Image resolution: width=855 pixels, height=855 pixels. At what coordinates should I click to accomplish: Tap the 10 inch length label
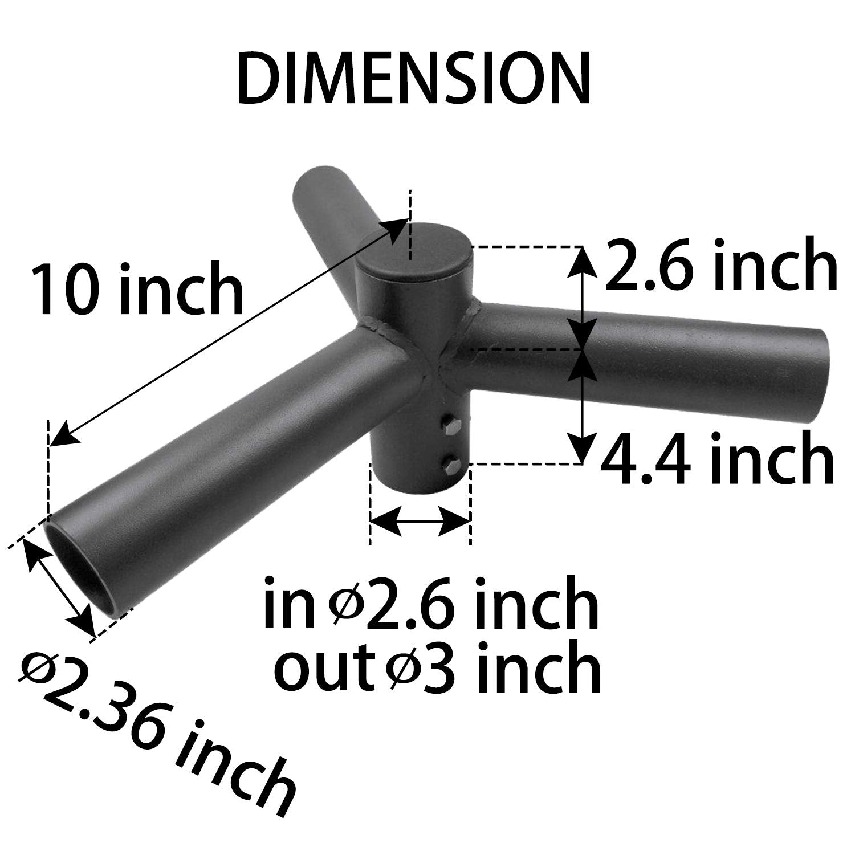tap(137, 289)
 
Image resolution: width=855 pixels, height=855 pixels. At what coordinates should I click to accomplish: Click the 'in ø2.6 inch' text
tap(431, 602)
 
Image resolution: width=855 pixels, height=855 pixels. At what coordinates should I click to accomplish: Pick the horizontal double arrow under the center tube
tap(420, 520)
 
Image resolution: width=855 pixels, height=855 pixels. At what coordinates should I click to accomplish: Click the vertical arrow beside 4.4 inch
tap(582, 405)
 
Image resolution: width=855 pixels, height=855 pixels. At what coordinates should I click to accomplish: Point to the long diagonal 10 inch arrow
tap(228, 331)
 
